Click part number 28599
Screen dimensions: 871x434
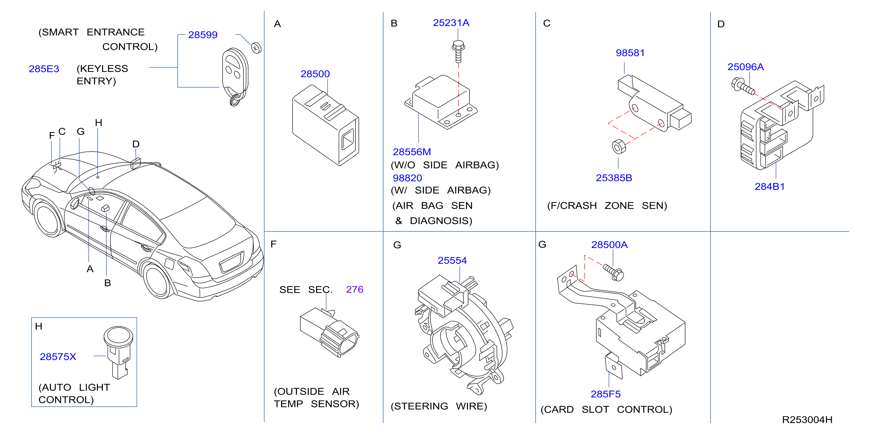point(203,35)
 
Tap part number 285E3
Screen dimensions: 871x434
point(44,69)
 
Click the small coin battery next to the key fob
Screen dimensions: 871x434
point(256,48)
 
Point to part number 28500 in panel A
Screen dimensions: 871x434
point(315,74)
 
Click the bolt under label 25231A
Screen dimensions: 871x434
point(458,52)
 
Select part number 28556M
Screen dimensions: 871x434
point(412,152)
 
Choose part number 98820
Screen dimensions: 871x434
point(407,178)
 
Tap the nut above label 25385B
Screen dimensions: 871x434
point(619,147)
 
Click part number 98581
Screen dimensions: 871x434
point(630,53)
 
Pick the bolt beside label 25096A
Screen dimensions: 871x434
point(743,86)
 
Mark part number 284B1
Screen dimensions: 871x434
point(770,186)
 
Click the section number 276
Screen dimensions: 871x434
point(355,289)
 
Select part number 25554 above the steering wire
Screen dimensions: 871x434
point(452,261)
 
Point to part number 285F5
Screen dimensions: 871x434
point(606,394)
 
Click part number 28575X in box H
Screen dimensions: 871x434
point(58,356)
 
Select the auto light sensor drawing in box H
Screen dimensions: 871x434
point(118,352)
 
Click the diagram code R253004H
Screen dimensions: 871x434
point(807,419)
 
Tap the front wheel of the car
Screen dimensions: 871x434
point(49,218)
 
